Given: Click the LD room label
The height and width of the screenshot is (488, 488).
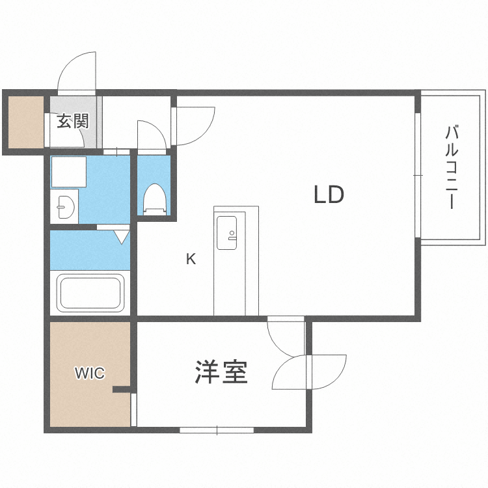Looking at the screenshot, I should pyautogui.click(x=328, y=195).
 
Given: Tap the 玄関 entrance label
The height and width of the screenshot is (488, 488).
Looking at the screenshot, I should pyautogui.click(x=72, y=121).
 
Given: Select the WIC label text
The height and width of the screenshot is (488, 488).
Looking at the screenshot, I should pyautogui.click(x=89, y=373).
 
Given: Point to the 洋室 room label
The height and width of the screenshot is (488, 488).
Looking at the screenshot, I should pyautogui.click(x=221, y=372).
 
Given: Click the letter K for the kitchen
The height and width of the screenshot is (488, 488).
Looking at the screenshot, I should pyautogui.click(x=191, y=259).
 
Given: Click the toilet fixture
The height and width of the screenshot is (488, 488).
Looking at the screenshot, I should pyautogui.click(x=154, y=198).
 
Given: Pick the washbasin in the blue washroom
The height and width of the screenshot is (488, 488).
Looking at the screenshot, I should pyautogui.click(x=64, y=207).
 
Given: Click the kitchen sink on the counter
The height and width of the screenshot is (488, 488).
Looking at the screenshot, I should pyautogui.click(x=228, y=232).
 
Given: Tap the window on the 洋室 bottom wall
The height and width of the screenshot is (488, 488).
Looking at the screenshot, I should pyautogui.click(x=217, y=429).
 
